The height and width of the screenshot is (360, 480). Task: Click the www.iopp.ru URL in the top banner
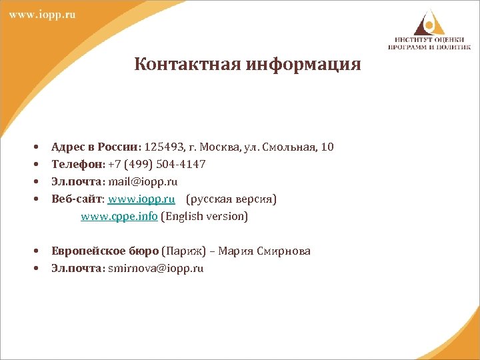point(41,15)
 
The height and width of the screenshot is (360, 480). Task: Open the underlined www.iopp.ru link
point(141,199)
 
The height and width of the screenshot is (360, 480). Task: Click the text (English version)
point(204,216)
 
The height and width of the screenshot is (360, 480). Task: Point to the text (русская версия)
point(231,199)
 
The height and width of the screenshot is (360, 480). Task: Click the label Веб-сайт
point(75,199)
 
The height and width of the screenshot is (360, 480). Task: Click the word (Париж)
point(182,251)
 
